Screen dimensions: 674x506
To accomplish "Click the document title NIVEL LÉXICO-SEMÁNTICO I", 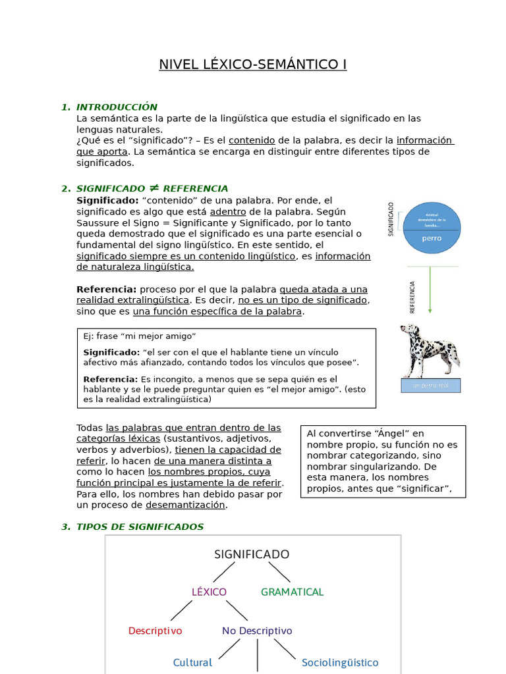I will (252, 65).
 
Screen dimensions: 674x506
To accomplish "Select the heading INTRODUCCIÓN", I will (117, 107).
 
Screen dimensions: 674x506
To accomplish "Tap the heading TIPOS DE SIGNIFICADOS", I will (140, 527).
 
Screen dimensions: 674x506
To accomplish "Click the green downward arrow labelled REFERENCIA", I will (430, 290).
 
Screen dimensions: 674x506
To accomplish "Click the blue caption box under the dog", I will (431, 386).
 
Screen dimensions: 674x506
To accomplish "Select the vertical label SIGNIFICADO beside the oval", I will (391, 219).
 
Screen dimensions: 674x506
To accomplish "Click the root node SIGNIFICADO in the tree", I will (252, 554).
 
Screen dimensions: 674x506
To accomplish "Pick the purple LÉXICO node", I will (209, 592).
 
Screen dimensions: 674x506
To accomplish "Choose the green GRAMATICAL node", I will (292, 592).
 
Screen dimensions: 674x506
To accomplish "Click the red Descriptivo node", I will (155, 631).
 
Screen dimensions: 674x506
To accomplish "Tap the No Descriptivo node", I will (257, 631).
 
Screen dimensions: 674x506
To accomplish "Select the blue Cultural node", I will (192, 662).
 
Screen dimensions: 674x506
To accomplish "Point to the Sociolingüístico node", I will (340, 662).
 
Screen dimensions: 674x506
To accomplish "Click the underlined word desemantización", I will (186, 505).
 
